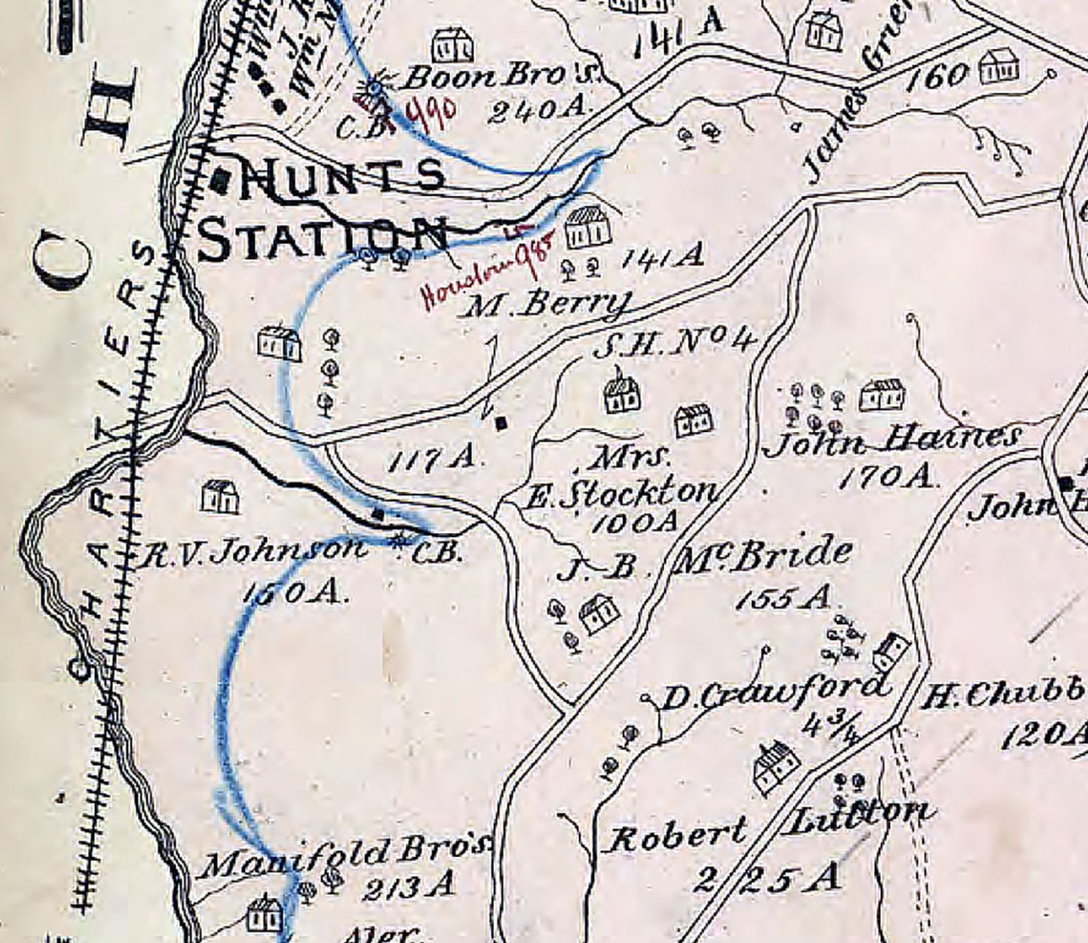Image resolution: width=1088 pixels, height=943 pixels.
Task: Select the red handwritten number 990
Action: pyautogui.click(x=432, y=112)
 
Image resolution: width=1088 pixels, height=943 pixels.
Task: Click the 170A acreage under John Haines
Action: pyautogui.click(x=886, y=477)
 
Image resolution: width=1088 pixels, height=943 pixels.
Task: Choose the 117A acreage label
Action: pyautogui.click(x=436, y=460)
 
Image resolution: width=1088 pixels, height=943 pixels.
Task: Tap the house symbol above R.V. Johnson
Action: pyautogui.click(x=220, y=497)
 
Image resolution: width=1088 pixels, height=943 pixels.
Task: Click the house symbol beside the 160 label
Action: pyautogui.click(x=1000, y=66)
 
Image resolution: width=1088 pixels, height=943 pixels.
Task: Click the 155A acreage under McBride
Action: pyautogui.click(x=782, y=598)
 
